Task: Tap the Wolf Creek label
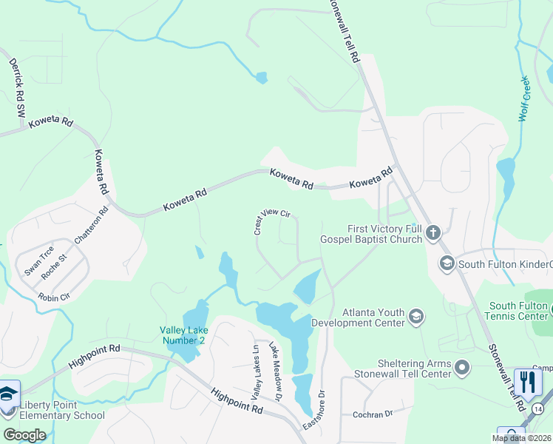coord(525,98)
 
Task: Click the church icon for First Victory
coord(433,234)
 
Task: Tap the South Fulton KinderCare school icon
coord(447,263)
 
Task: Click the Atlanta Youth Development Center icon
coord(415,317)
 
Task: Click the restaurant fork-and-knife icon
coord(527,382)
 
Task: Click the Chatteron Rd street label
coord(92,225)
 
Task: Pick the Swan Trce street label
coord(38,260)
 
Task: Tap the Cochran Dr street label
coord(371,414)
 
